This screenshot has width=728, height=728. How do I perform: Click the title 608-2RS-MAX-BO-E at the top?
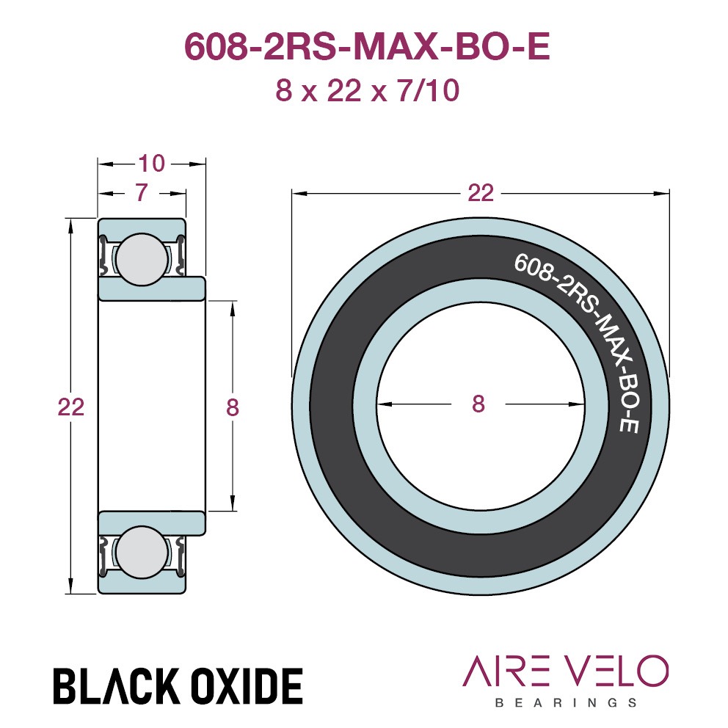point(367,46)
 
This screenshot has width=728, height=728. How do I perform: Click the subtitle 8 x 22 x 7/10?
point(367,90)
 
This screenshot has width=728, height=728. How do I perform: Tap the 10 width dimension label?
point(151,164)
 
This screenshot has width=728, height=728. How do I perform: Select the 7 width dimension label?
point(142,192)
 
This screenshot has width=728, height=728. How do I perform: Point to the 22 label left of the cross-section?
point(71,407)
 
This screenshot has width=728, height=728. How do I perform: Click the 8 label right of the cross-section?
point(233,407)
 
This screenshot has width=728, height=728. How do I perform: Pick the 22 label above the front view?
point(481,193)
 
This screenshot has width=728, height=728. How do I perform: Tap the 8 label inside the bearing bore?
point(478,404)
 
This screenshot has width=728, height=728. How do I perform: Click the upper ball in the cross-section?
point(142,259)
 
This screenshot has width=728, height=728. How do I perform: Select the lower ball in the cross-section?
point(142,552)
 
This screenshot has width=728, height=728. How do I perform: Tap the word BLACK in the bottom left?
point(117,685)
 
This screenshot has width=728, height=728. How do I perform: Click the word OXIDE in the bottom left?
point(247,685)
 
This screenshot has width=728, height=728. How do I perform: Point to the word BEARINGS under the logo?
point(566,702)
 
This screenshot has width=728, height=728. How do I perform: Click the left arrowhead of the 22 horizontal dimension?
point(299,193)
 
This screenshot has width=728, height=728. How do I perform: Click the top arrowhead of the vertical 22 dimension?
point(71,227)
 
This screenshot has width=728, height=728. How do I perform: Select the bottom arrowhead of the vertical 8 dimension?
point(233,503)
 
